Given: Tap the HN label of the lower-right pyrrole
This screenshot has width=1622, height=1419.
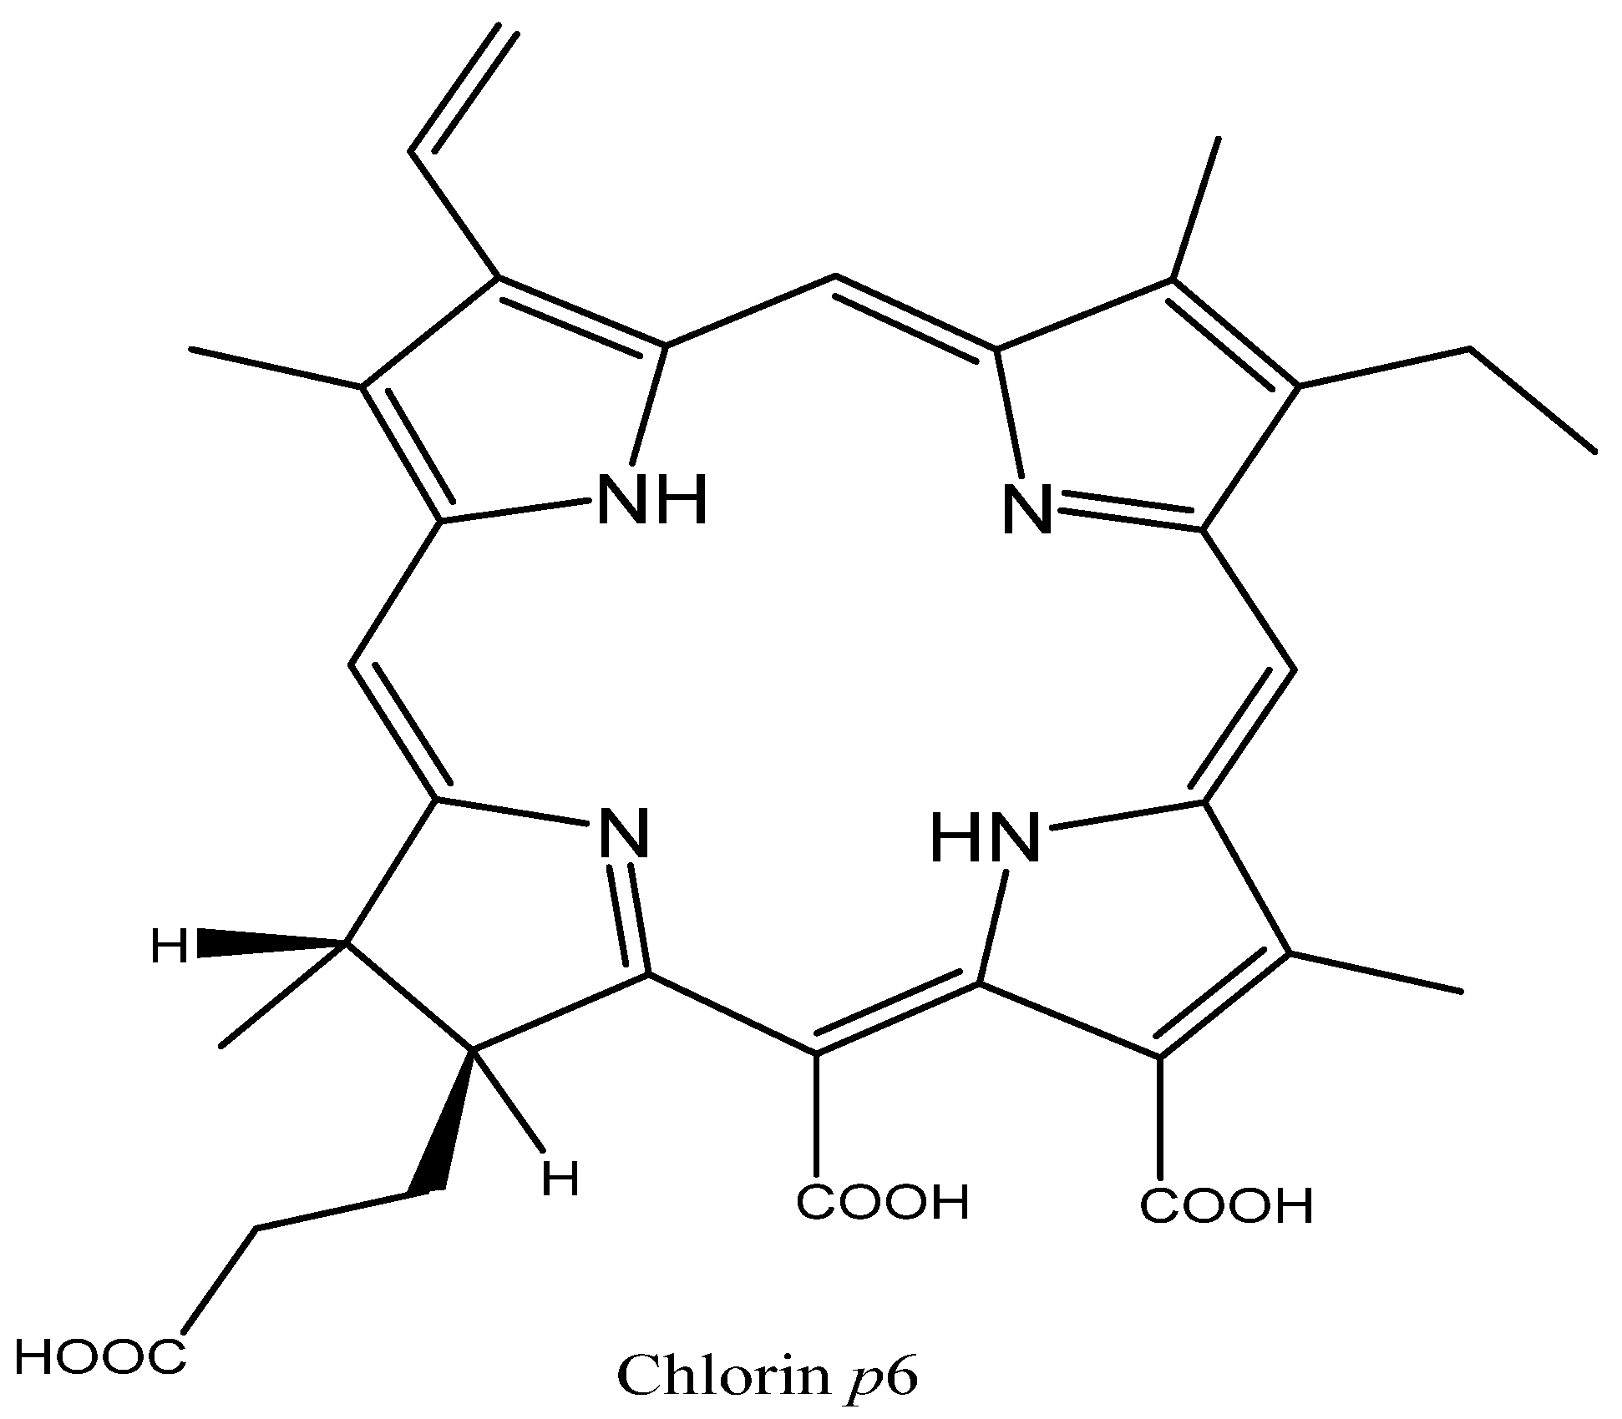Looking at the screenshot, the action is click(x=985, y=838).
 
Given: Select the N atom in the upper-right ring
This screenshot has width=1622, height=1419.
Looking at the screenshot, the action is click(x=1026, y=508).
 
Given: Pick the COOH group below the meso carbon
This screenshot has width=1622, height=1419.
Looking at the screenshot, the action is click(x=882, y=1203).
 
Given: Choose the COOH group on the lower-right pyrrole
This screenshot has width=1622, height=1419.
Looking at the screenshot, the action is click(x=1226, y=1206).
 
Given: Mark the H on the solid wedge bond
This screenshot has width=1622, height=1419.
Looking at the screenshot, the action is click(x=169, y=947).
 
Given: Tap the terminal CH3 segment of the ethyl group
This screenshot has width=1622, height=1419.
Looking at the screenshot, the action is click(x=1533, y=400).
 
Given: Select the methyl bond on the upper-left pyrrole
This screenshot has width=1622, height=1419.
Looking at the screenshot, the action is click(x=276, y=368).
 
